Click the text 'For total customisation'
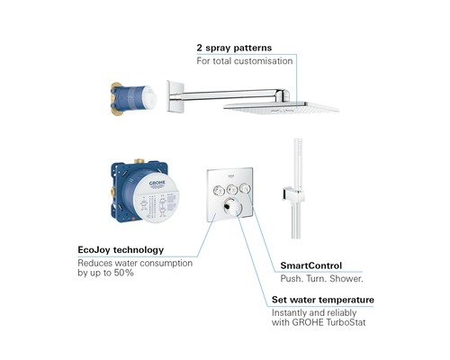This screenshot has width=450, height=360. [245, 61]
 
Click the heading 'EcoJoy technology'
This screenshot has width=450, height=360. [121, 249]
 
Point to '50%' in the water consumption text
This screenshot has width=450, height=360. [121, 273]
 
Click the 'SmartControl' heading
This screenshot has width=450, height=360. [308, 266]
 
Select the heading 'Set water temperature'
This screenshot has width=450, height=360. [323, 300]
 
